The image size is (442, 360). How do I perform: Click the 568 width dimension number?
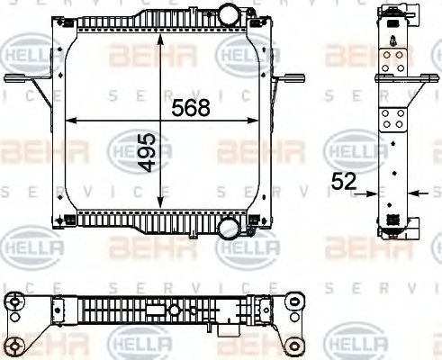click(190, 108)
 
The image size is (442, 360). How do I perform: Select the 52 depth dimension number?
click(343, 182)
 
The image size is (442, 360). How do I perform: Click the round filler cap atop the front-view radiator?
click(232, 15)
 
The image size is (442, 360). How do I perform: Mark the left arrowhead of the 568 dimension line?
click(72, 121)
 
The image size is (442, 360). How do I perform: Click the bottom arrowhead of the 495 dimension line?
click(159, 204)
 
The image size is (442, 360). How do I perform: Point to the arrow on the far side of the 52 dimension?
click(415, 192)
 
